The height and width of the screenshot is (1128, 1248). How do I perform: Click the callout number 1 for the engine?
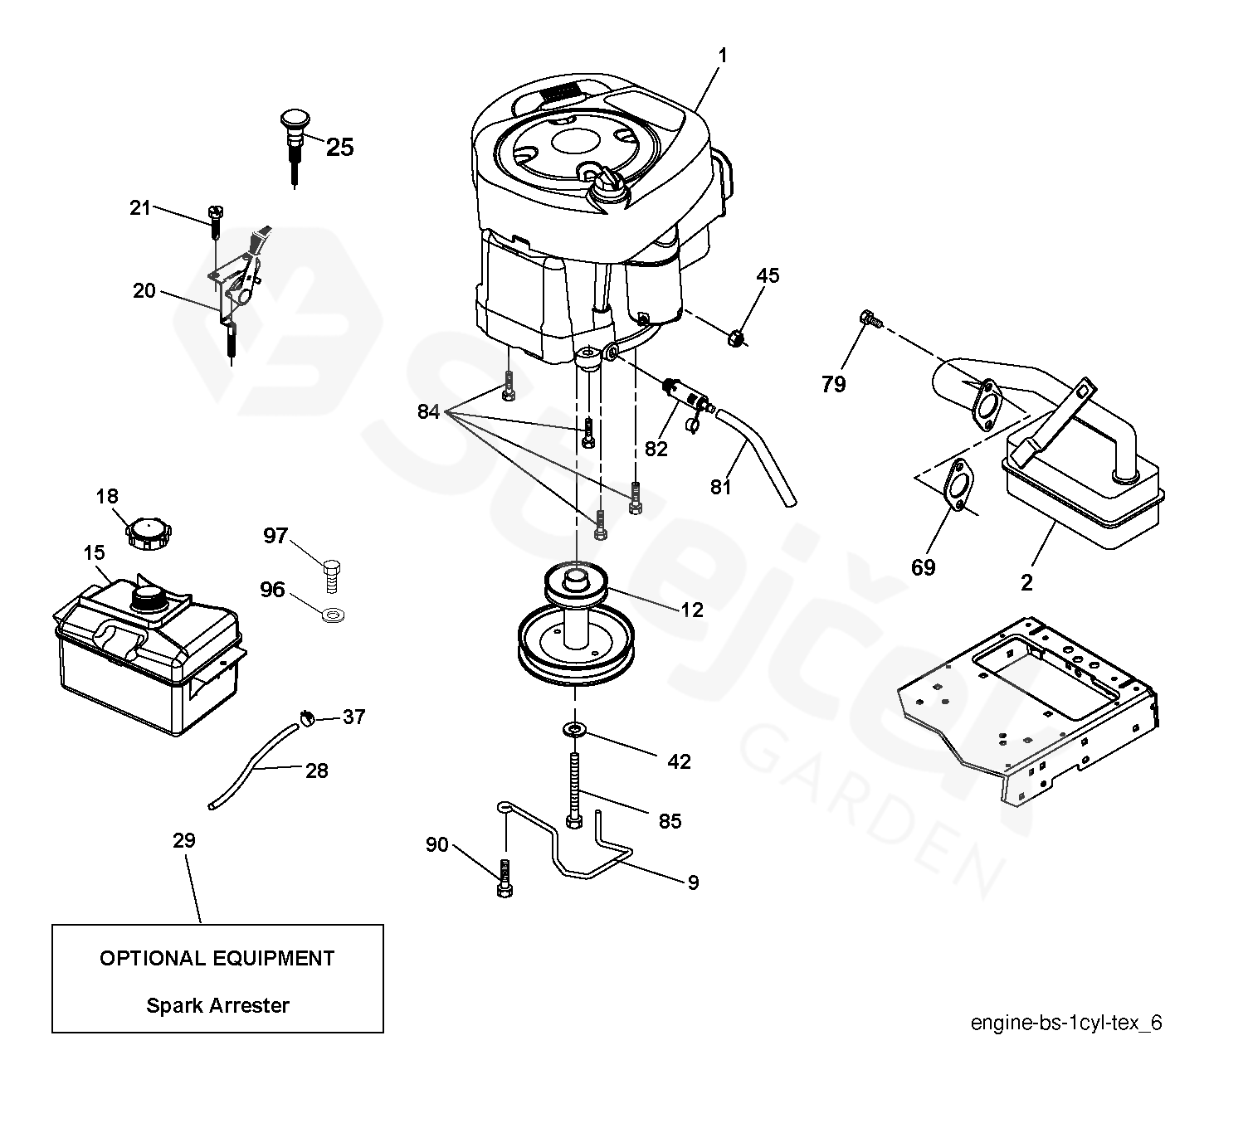[723, 56]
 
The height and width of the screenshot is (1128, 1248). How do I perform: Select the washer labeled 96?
[334, 615]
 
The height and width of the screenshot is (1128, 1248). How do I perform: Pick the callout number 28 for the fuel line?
[316, 771]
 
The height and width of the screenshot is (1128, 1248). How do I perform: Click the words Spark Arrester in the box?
[217, 1005]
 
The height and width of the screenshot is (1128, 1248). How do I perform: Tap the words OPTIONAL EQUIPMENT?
[217, 958]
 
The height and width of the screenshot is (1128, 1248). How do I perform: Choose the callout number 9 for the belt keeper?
[693, 882]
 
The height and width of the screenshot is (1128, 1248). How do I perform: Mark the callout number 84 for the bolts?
[428, 411]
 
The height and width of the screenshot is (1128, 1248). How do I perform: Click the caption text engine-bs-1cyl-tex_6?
[1066, 1022]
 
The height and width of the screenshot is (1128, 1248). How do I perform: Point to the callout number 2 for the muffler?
[1026, 582]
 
